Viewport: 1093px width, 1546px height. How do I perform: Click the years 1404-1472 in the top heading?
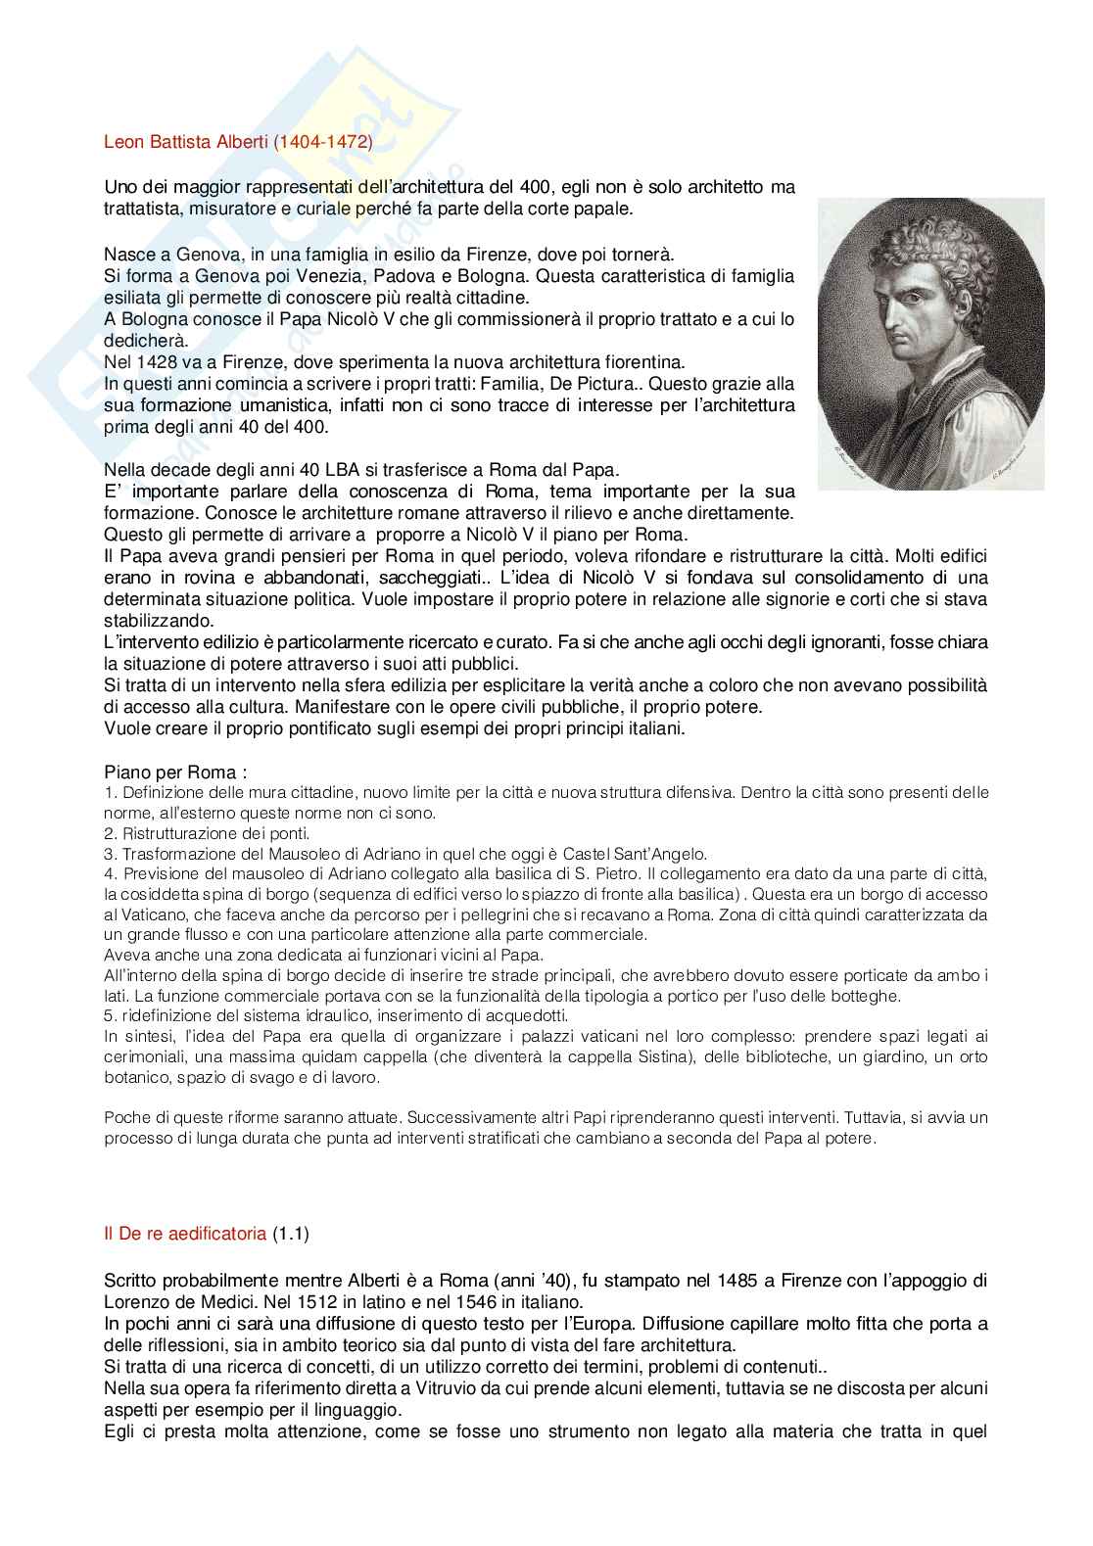pyautogui.click(x=324, y=141)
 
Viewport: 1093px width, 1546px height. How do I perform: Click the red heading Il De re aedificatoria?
pyautogui.click(x=184, y=1235)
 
